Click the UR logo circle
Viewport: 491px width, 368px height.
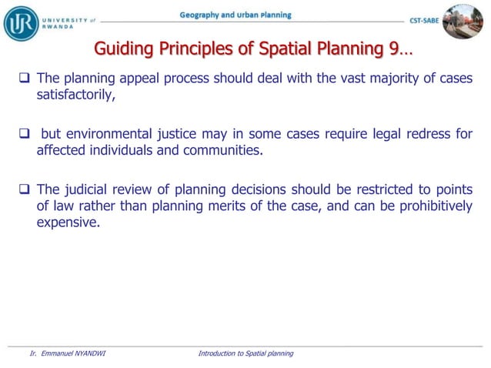(x=22, y=22)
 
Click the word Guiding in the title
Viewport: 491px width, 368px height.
(x=121, y=50)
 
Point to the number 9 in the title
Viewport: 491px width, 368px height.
(x=393, y=50)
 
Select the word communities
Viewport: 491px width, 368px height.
(x=222, y=151)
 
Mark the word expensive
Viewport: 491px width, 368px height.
(x=68, y=222)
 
